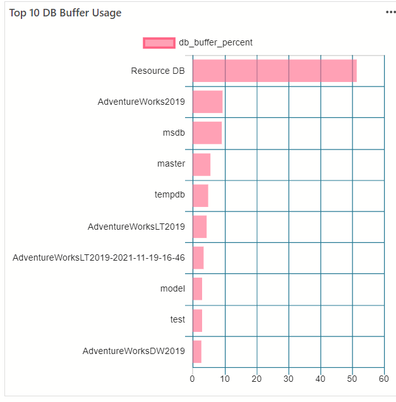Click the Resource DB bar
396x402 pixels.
274,71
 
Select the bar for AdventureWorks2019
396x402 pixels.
207,102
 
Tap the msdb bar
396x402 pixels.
207,133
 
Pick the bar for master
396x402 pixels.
201,164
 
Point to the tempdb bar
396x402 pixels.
200,195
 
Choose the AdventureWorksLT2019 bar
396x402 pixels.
200,226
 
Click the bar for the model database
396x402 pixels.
197,288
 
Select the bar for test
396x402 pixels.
197,319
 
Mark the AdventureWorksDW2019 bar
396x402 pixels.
196,351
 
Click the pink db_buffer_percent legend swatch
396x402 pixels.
159,43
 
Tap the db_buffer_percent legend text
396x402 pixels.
215,43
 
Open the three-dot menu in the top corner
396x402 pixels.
391,13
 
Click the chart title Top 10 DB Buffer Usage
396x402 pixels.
65,13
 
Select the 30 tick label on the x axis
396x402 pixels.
288,379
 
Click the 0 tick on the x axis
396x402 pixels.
193,379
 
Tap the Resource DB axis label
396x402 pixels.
158,71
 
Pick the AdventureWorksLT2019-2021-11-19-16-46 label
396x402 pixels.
99,257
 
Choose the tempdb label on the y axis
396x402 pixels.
170,195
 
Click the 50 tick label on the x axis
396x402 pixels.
352,379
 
